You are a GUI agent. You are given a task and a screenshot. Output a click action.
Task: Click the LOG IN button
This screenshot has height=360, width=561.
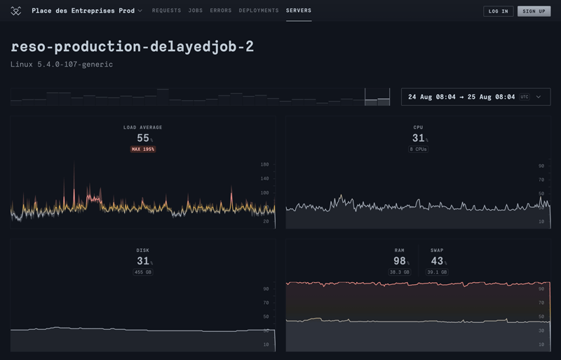(x=498, y=11)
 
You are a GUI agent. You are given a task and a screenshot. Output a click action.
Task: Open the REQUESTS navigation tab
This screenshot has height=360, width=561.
(x=166, y=11)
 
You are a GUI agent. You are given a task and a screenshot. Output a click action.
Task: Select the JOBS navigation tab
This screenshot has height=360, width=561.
(x=195, y=11)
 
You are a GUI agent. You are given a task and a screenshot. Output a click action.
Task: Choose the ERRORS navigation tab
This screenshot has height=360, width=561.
(x=221, y=11)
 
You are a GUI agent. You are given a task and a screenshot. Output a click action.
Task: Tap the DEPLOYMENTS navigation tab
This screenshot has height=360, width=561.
(x=258, y=11)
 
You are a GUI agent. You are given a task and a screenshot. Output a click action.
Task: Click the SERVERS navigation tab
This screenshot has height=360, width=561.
(x=299, y=11)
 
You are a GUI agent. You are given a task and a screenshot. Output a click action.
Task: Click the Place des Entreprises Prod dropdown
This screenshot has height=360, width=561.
(x=86, y=11)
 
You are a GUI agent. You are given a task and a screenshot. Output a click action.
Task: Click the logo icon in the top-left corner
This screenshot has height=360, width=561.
(x=16, y=11)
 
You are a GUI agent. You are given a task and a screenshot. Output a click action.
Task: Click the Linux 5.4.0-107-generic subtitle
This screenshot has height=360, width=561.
(x=62, y=65)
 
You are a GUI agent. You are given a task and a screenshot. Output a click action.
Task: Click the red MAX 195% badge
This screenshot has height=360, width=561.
(x=143, y=149)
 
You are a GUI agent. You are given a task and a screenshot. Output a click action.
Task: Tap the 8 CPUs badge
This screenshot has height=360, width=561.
(x=419, y=149)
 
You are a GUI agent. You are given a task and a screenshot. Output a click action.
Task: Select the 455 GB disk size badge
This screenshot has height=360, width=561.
(x=143, y=272)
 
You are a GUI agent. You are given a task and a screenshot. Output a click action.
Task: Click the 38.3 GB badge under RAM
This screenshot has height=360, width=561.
(x=399, y=272)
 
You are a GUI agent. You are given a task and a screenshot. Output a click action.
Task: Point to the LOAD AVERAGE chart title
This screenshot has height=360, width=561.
(x=143, y=127)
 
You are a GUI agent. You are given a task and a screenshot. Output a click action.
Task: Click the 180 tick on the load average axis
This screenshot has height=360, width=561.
(x=264, y=164)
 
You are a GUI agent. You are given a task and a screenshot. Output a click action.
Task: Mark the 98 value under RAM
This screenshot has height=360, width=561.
(x=397, y=261)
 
